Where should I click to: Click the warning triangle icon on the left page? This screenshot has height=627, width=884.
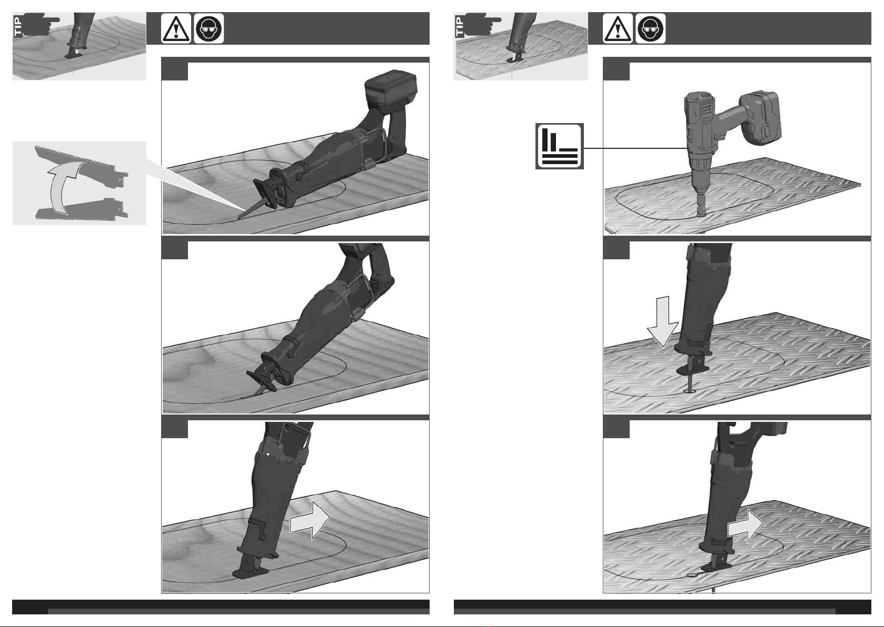pos(176,28)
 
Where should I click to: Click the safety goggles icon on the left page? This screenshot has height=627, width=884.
pos(209,28)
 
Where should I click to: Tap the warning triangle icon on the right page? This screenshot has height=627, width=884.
pos(618,28)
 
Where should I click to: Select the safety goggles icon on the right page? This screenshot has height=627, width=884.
pos(650,28)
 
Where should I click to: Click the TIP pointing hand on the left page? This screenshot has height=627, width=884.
pos(39,24)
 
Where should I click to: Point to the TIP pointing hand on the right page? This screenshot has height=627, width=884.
pos(481,24)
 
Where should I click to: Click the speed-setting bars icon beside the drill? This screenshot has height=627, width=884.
pos(560,146)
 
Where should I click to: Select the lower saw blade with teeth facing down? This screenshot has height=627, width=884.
pos(81,211)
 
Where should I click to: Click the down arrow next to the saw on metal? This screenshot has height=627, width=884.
pos(663,321)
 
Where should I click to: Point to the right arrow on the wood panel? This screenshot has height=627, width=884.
pos(310,520)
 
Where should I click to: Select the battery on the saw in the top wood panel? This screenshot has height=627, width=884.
pos(391,91)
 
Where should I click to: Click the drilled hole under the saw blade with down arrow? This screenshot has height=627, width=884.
pos(689,391)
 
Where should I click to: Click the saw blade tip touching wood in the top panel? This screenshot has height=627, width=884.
pos(240,218)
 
